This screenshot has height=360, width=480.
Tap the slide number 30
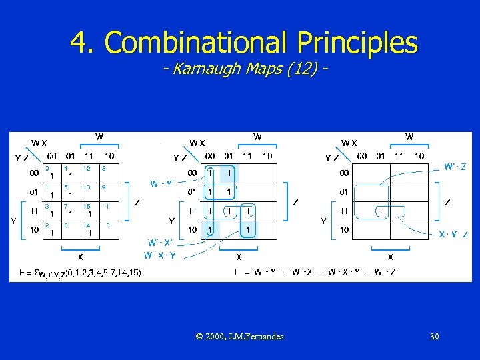tap(434, 336)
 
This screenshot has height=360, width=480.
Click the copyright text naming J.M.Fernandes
tap(240, 336)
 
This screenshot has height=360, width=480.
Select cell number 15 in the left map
tap(89, 211)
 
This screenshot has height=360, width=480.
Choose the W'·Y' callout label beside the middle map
tap(162, 184)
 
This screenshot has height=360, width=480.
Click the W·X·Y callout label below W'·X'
tap(160, 255)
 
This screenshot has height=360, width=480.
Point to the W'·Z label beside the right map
tap(455, 167)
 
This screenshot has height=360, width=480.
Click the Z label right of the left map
tap(137, 201)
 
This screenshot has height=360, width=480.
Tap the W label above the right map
tap(409, 137)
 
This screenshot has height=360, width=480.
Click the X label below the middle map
tap(239, 257)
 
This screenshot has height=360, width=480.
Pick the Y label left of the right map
tap(324, 221)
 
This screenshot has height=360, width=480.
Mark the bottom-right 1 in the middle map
tap(247, 230)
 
